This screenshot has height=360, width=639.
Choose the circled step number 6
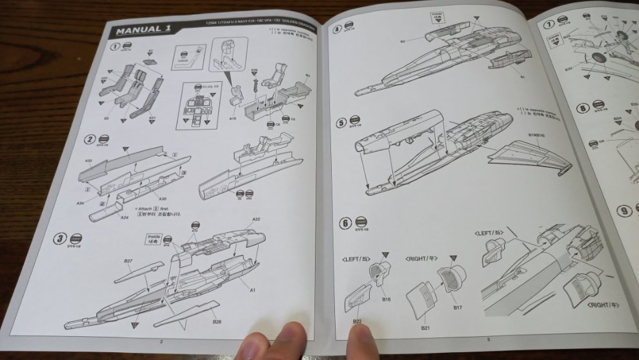tap(345, 224)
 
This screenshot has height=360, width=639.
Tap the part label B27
tap(128, 261)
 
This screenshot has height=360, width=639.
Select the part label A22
tap(256, 220)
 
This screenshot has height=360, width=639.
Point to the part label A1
tap(252, 290)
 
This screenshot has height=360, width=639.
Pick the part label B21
tap(425, 328)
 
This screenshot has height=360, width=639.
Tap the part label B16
tap(386, 299)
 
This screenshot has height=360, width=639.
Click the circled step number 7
tap(549, 25)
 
